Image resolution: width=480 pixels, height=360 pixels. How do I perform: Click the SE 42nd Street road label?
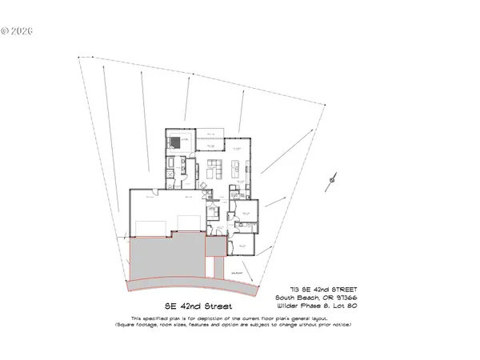(198, 306)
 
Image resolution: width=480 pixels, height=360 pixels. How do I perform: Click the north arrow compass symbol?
(331, 181)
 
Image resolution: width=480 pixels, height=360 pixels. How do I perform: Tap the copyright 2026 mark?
(18, 33)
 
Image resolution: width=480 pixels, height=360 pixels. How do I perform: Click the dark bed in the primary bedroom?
(175, 143)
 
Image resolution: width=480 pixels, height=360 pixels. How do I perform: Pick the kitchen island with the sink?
(237, 169)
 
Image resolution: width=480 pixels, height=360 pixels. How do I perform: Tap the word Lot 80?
(346, 306)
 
